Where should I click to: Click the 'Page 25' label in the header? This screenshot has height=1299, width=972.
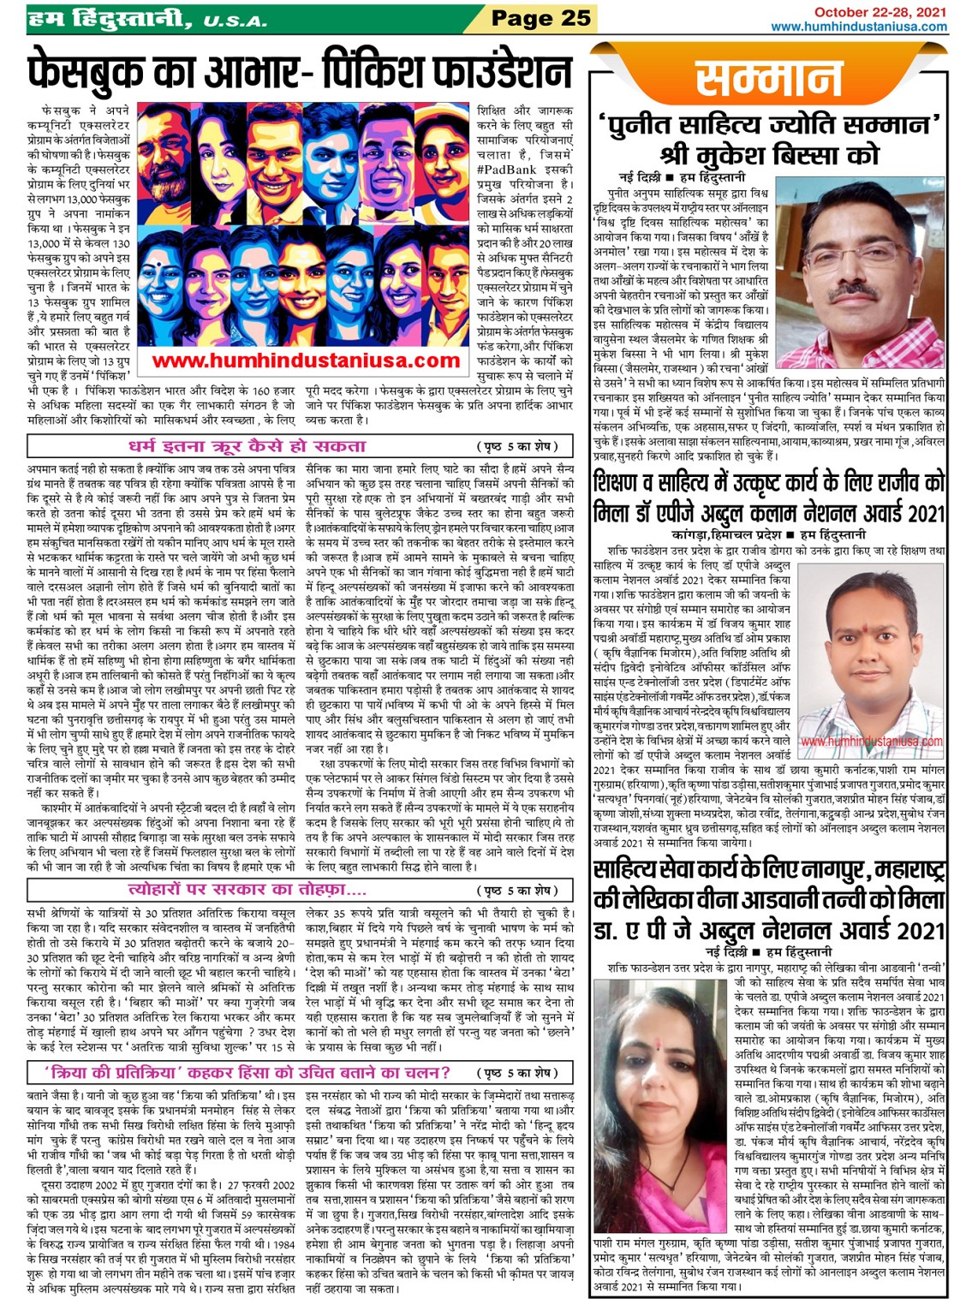click(540, 17)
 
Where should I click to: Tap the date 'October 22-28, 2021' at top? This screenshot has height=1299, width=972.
click(880, 12)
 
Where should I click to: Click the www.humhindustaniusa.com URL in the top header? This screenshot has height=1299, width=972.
click(859, 27)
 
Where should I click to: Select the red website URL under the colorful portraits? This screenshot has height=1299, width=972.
click(306, 361)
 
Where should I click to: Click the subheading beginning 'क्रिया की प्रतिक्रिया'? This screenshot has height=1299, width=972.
click(248, 1072)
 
